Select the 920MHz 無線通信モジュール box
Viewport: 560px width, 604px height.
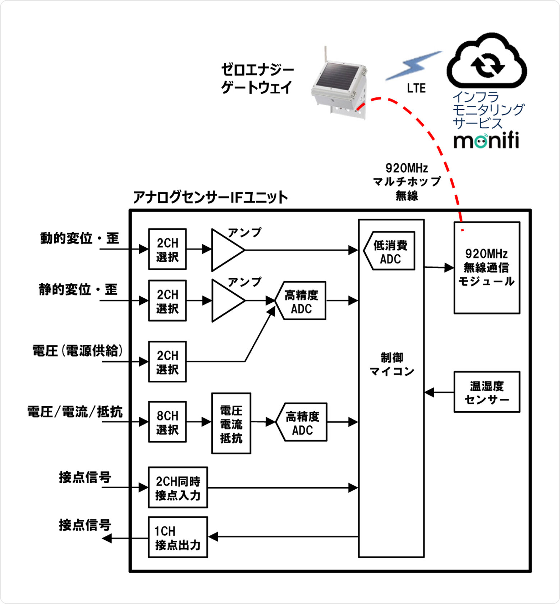point(487,267)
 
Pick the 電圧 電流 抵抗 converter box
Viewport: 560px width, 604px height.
point(231,424)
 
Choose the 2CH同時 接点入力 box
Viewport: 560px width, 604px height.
point(178,488)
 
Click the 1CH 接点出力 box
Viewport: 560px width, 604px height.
point(178,537)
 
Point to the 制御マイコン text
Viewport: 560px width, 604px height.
point(392,364)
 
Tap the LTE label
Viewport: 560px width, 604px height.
point(416,88)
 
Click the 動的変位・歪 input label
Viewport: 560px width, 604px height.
point(79,238)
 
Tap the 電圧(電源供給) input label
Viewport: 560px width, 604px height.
point(78,351)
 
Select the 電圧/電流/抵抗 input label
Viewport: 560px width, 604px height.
point(75,412)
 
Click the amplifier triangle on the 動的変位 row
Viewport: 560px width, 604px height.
point(226,250)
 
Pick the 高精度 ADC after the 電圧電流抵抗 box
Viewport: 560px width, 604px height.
point(302,422)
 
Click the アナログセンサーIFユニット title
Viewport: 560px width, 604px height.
point(210,197)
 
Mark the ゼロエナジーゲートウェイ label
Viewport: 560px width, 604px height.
point(257,78)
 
